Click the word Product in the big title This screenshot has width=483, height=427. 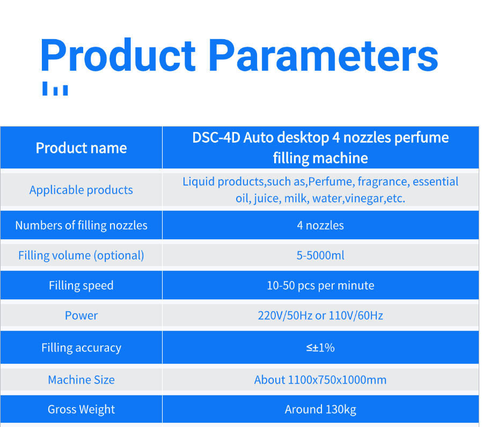[118, 55]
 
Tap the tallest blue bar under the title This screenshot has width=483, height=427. [45, 89]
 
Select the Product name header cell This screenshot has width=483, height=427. [82, 148]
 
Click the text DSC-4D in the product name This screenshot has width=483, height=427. [216, 138]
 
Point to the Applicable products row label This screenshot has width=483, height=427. [82, 190]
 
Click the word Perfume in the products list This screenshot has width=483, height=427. [330, 182]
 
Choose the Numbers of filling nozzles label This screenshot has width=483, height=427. [82, 226]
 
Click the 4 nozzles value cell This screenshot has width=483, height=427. [320, 226]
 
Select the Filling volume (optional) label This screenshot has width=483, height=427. [82, 255]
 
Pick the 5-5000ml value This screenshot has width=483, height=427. [320, 255]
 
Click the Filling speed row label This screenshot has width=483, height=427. [82, 286]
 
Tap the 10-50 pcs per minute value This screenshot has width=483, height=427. [320, 286]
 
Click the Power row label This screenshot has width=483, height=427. [82, 315]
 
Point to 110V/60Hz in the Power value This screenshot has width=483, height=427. [356, 315]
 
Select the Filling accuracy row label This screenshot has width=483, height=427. [82, 348]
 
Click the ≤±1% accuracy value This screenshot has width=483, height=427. [320, 348]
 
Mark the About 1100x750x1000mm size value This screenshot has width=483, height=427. [320, 380]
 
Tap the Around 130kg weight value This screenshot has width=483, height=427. [320, 410]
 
